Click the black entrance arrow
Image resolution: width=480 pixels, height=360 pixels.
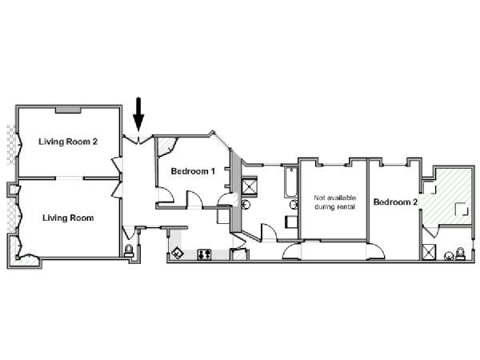[138, 114]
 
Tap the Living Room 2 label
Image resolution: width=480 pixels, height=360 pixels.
[68, 142]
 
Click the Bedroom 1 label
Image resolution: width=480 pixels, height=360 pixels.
[193, 171]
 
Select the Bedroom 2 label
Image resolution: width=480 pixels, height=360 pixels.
[395, 202]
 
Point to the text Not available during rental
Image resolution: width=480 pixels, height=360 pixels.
[335, 202]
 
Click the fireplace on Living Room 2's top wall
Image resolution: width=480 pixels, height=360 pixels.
[68, 110]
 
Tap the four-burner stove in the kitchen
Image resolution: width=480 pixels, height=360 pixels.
[204, 254]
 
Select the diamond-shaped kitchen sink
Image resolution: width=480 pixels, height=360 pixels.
[178, 254]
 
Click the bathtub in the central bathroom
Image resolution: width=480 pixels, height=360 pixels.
[290, 182]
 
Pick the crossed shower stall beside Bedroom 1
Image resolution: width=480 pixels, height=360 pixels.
[249, 186]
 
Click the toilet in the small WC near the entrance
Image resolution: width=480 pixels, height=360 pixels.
[129, 250]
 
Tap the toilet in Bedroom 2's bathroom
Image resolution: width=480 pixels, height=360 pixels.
[460, 254]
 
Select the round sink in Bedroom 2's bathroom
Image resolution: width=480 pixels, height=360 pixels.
[449, 256]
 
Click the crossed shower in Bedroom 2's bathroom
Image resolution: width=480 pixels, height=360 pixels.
[428, 252]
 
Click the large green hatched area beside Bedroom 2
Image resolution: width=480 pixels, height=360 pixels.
[447, 196]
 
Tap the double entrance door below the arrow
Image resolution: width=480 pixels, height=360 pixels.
[138, 140]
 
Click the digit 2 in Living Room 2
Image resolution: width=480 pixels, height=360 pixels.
[94, 142]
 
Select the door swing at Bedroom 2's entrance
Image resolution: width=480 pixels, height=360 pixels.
[375, 251]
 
